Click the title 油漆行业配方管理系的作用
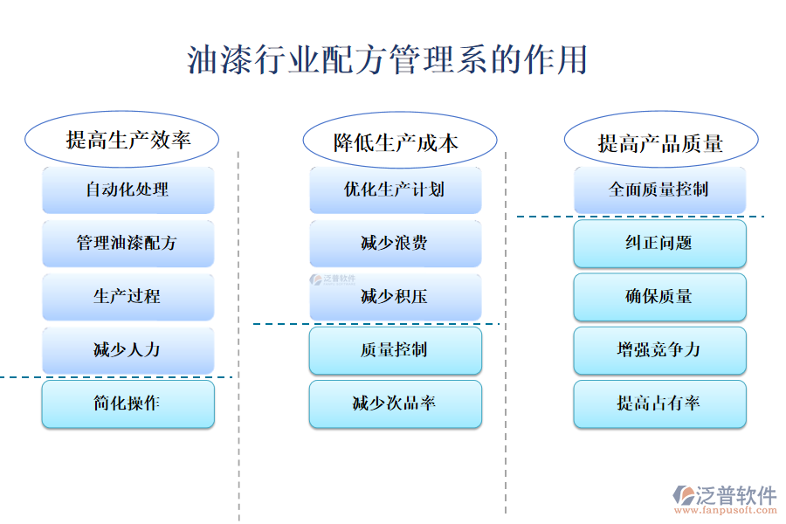point(387,60)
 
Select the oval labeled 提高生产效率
point(121,140)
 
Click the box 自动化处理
point(128,190)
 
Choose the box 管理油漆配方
point(128,243)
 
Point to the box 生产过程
point(128,297)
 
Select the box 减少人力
point(128,350)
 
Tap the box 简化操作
point(128,403)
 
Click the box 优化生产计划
point(395,190)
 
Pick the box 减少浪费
point(395,243)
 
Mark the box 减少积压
point(395,297)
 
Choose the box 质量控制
point(395,350)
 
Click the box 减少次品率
point(395,403)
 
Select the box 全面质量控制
point(659,190)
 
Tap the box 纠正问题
point(659,243)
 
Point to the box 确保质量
point(659,297)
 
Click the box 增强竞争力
point(659,350)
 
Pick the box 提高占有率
point(659,403)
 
